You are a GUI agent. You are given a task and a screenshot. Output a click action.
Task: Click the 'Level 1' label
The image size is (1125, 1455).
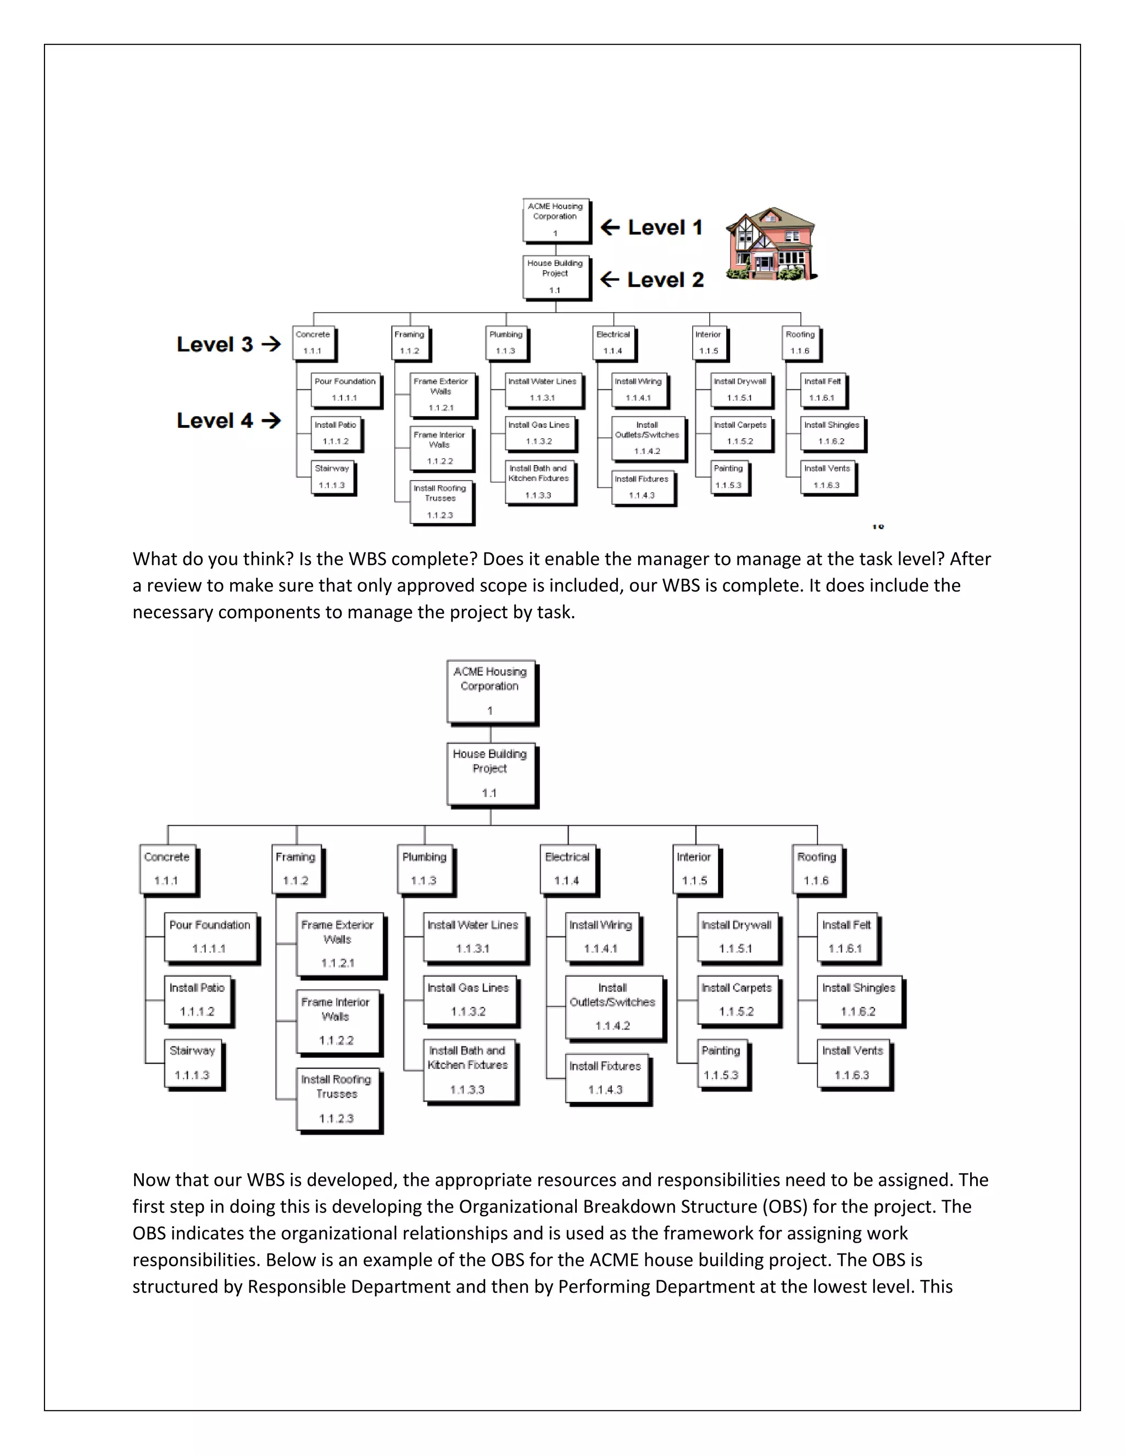point(665,228)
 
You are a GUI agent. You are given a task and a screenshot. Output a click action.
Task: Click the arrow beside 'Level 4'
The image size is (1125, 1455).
point(271,421)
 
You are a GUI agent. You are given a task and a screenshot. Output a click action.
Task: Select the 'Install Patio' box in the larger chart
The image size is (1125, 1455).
point(197,1000)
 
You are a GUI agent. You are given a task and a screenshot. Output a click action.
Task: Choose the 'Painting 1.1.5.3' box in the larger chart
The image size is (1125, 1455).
point(721,1064)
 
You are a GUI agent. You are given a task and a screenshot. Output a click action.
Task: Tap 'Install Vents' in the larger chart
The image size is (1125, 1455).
point(853,1064)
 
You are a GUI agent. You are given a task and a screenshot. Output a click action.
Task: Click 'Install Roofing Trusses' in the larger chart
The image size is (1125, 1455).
point(337,1099)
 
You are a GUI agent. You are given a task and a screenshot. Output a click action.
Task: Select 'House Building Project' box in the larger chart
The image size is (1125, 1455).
point(490,774)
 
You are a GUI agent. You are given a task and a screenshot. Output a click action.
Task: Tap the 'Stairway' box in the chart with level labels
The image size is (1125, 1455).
point(332,477)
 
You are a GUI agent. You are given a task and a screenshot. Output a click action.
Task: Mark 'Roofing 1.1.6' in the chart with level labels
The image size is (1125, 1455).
point(800,343)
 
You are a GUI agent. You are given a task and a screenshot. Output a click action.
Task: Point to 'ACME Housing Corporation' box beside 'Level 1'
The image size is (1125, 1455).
point(555,220)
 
